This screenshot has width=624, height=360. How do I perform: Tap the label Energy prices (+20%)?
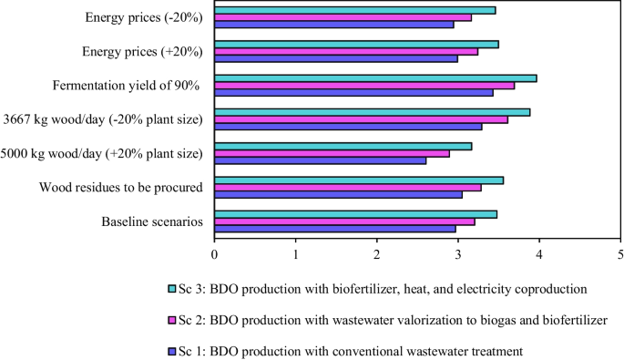click(144, 52)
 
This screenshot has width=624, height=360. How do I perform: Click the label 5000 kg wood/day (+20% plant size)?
click(103, 154)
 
